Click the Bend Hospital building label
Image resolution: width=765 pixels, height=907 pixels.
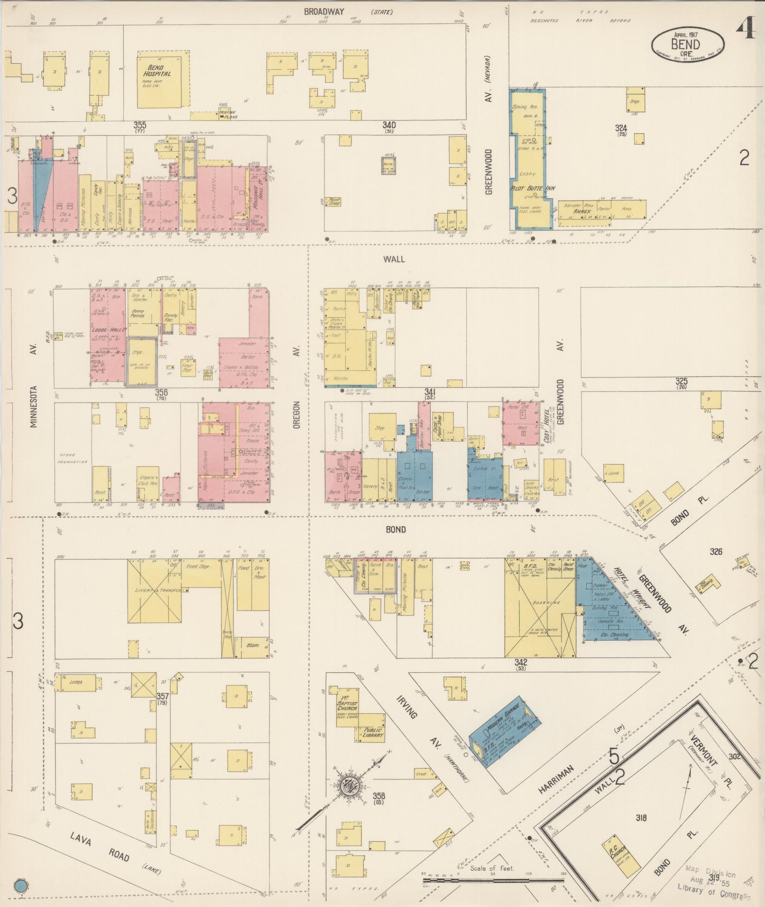pos(158,71)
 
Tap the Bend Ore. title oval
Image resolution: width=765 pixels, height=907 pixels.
pos(687,44)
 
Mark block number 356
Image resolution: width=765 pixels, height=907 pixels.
pos(161,392)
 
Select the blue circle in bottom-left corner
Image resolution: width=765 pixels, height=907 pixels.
pos(21,885)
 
